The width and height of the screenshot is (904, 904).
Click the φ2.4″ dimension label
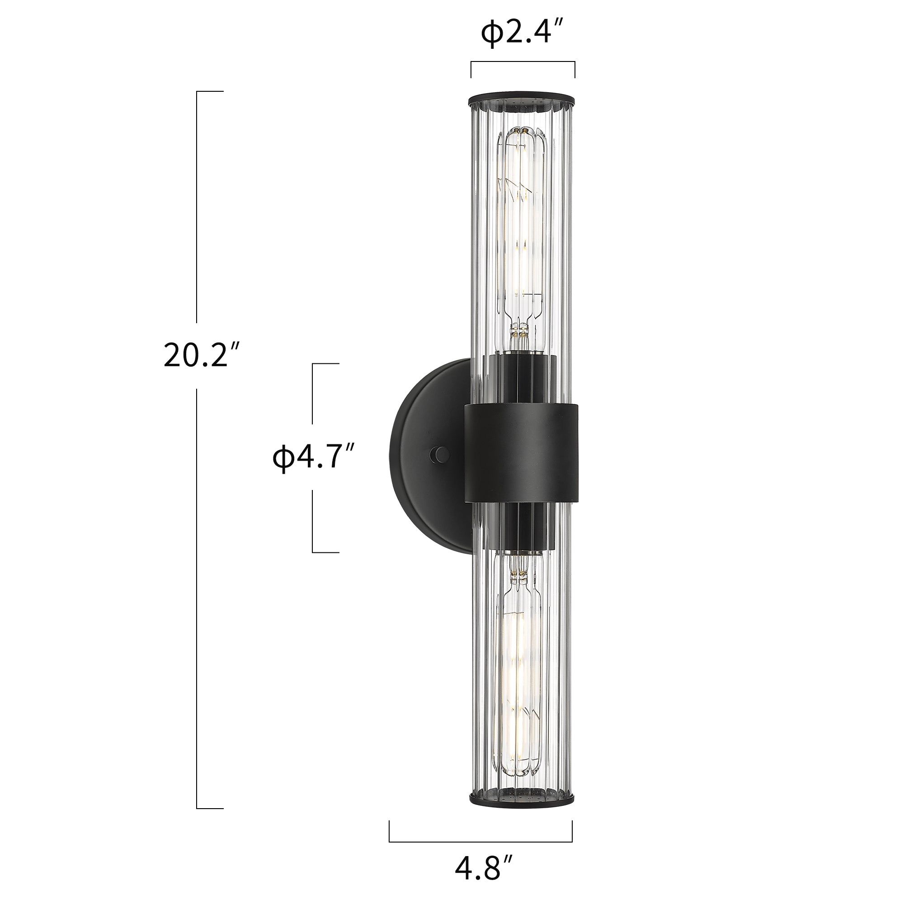coord(521,34)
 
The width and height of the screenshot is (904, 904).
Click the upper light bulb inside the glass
coord(521,225)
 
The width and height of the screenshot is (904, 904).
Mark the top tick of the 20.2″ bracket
coord(210,92)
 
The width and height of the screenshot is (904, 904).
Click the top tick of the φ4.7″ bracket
coord(325,363)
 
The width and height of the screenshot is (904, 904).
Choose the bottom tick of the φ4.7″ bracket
coord(325,552)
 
